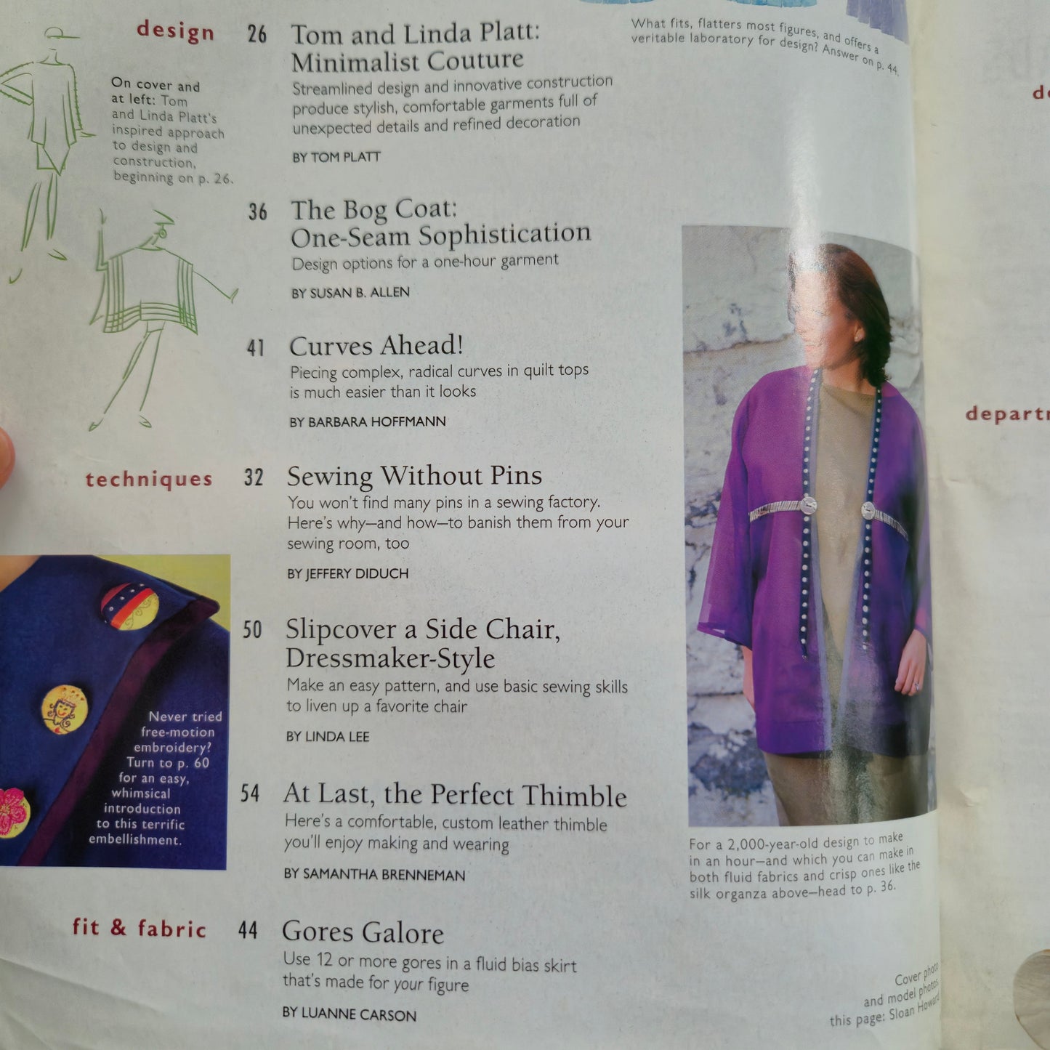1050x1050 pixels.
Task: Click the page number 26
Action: tap(257, 34)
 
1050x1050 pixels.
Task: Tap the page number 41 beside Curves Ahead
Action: tap(255, 348)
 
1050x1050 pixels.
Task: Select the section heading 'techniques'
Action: tap(149, 480)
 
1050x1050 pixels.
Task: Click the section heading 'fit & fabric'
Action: tap(140, 928)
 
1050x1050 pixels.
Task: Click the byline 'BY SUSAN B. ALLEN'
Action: tap(350, 293)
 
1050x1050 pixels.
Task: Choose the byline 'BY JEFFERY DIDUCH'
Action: tap(347, 574)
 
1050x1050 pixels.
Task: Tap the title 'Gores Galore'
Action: tap(363, 932)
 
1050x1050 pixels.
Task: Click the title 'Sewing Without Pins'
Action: tap(414, 476)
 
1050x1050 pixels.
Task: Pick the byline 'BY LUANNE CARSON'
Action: tap(349, 1014)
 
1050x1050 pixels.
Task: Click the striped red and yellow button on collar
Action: tap(129, 605)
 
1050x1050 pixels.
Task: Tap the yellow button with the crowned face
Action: tap(65, 709)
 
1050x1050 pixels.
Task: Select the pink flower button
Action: tap(12, 812)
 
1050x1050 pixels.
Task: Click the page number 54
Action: tap(249, 793)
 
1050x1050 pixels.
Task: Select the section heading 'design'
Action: tap(175, 31)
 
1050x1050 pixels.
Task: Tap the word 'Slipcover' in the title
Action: tap(340, 629)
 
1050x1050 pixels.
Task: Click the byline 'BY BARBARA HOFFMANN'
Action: tap(367, 422)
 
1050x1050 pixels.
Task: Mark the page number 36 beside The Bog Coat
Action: tap(257, 212)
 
